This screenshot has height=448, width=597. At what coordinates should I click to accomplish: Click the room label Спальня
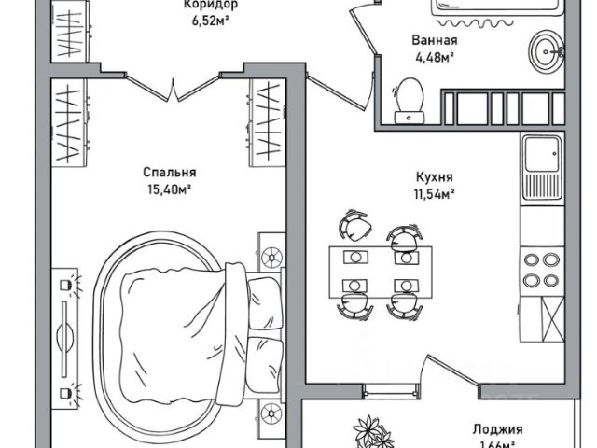pos(169,173)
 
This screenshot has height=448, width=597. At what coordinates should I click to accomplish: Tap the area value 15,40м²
pos(169,189)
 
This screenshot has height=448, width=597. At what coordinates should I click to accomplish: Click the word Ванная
pos(435,41)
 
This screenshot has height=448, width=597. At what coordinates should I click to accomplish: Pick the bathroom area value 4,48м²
pos(435,58)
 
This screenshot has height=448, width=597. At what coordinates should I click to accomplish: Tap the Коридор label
pos(211,4)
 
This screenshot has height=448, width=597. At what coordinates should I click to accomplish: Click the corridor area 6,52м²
pos(211,20)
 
